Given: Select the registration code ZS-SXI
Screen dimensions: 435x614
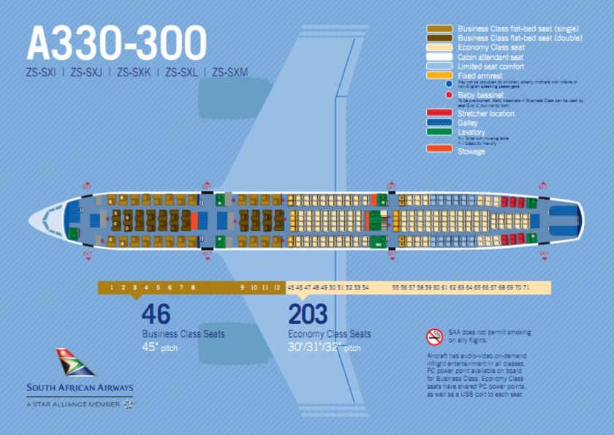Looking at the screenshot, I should pyautogui.click(x=41, y=72).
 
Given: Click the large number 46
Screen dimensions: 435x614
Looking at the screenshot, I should pyautogui.click(x=156, y=314).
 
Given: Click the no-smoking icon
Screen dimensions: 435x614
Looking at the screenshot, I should pyautogui.click(x=434, y=336).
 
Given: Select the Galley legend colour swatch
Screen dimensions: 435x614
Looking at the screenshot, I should pyautogui.click(x=439, y=123).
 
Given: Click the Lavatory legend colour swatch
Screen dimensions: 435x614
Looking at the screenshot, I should pyautogui.click(x=439, y=132).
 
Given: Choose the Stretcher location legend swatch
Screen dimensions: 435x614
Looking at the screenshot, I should pyautogui.click(x=439, y=113).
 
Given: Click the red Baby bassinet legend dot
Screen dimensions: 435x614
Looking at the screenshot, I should pyautogui.click(x=448, y=95).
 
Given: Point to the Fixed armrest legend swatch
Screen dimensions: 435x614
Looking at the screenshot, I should pyautogui.click(x=439, y=75).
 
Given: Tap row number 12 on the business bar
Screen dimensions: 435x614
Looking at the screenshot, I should pyautogui.click(x=276, y=288).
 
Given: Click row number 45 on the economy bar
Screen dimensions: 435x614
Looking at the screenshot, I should pyautogui.click(x=291, y=288).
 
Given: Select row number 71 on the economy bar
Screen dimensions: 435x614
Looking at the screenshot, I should pyautogui.click(x=526, y=288).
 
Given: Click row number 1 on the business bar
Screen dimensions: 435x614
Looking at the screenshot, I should pyautogui.click(x=112, y=288).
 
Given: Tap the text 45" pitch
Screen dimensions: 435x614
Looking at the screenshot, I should pyautogui.click(x=159, y=347).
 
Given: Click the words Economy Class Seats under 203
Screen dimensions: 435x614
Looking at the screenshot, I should pyautogui.click(x=329, y=334).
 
